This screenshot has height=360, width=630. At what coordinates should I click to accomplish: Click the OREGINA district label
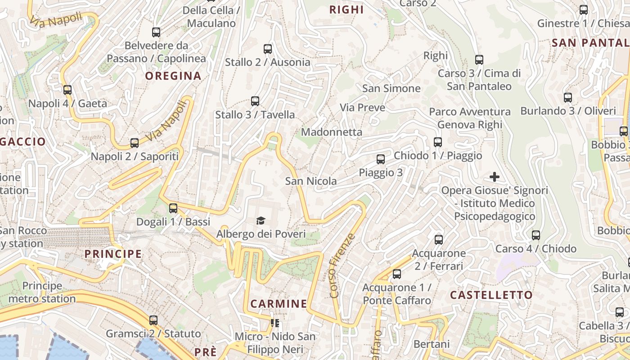pyautogui.click(x=173, y=76)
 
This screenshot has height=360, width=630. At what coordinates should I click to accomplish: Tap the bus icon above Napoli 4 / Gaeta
pyautogui.click(x=67, y=90)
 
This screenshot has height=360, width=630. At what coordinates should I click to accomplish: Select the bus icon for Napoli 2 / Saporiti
pyautogui.click(x=134, y=143)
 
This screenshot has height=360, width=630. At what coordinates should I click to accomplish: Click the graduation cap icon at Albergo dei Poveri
pyautogui.click(x=261, y=220)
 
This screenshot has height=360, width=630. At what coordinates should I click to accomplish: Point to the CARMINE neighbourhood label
pyautogui.click(x=279, y=304)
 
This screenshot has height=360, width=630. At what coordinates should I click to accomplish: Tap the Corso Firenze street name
pyautogui.click(x=342, y=265)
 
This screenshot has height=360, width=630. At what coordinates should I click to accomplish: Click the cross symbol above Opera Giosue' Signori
pyautogui.click(x=495, y=177)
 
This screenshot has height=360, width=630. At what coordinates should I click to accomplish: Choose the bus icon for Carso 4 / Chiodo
pyautogui.click(x=535, y=235)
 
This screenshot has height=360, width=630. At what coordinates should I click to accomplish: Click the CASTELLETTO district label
pyautogui.click(x=491, y=295)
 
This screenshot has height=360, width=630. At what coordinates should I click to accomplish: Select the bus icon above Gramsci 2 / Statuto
pyautogui.click(x=153, y=320)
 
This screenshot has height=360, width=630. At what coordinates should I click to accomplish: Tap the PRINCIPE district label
pyautogui.click(x=113, y=254)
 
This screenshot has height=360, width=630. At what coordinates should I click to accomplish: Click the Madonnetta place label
pyautogui.click(x=332, y=132)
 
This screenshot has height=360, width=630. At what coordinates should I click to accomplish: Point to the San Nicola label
pyautogui.click(x=311, y=181)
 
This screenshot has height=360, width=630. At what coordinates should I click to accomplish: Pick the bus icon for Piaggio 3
pyautogui.click(x=381, y=159)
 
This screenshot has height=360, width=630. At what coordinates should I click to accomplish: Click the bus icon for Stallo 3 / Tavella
pyautogui.click(x=255, y=101)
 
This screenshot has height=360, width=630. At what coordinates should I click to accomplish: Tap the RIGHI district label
pyautogui.click(x=346, y=9)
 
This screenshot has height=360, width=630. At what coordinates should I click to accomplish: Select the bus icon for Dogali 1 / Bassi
pyautogui.click(x=173, y=208)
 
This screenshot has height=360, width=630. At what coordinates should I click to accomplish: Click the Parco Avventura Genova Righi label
pyautogui.click(x=470, y=118)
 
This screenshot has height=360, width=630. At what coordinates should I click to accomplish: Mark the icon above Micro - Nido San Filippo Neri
pyautogui.click(x=274, y=323)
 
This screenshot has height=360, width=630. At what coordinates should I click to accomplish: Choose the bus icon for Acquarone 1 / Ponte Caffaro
pyautogui.click(x=397, y=274)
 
